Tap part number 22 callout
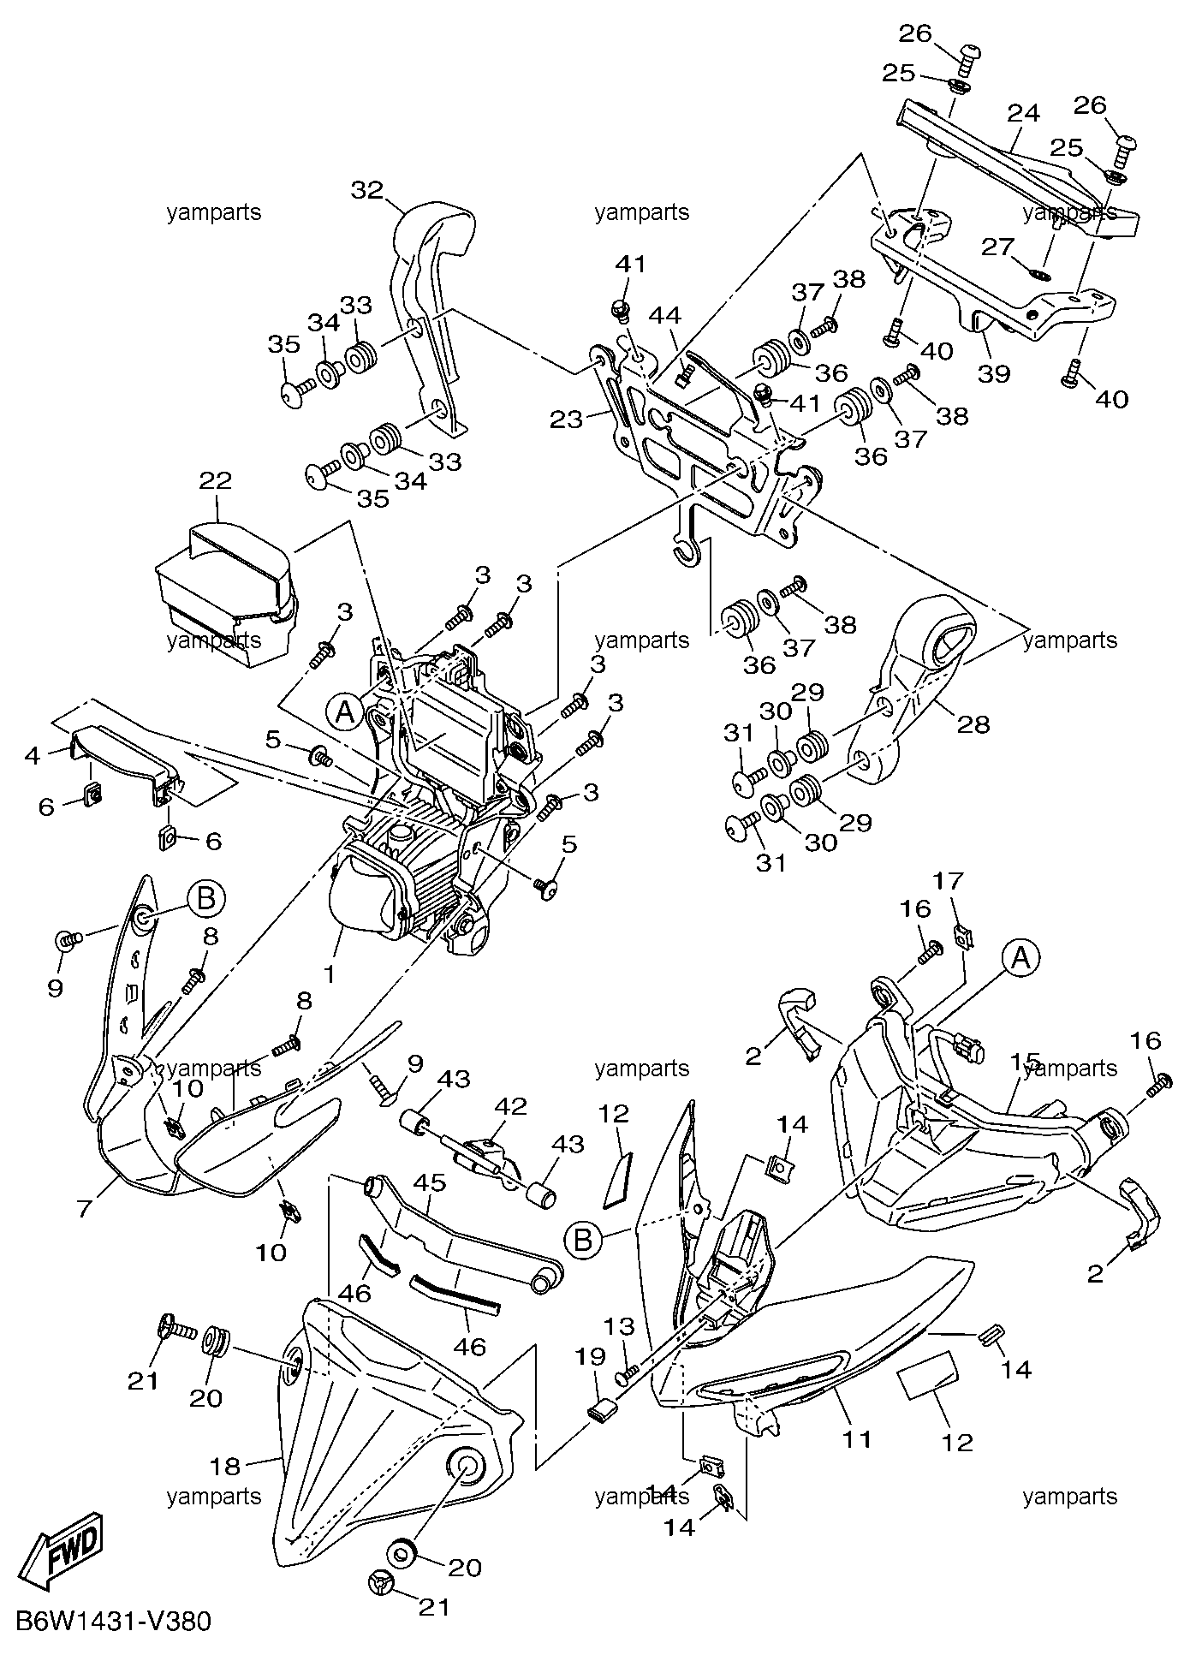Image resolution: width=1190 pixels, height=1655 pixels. (216, 480)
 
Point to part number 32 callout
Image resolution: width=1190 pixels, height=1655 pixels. (367, 190)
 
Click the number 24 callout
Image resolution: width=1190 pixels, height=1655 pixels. (1023, 112)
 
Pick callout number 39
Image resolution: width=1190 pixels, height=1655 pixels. (996, 373)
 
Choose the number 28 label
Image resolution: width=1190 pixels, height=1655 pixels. (973, 724)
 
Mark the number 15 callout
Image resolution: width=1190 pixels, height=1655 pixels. (1024, 1062)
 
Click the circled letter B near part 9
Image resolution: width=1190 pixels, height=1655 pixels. (205, 899)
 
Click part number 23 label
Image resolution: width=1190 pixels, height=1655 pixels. (567, 419)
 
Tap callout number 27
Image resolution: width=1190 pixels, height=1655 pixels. (997, 248)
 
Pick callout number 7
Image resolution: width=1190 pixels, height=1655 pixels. (84, 1210)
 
